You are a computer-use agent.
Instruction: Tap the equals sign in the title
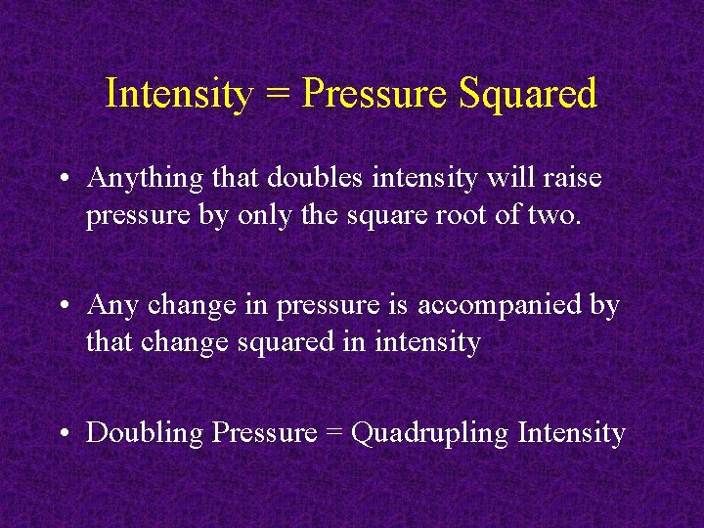pyautogui.click(x=277, y=95)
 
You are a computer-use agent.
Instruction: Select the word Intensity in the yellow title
pyautogui.click(x=178, y=95)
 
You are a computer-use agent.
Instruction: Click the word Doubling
pyautogui.click(x=146, y=433)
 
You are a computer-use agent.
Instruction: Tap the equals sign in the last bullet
pyautogui.click(x=333, y=433)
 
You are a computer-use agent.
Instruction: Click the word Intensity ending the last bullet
pyautogui.click(x=571, y=432)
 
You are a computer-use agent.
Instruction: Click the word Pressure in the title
pyautogui.click(x=375, y=95)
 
